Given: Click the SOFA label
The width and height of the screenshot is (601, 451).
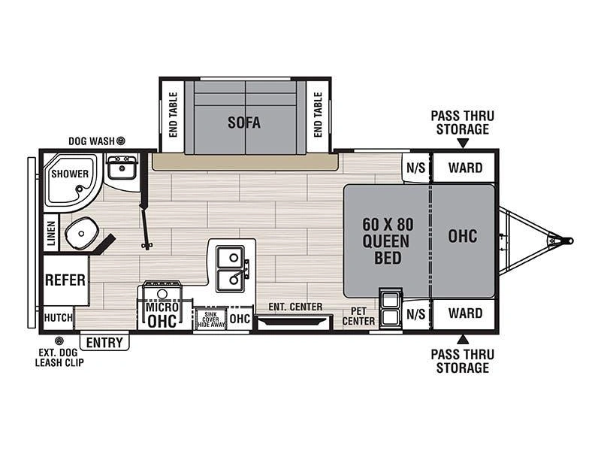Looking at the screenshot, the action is point(244,123).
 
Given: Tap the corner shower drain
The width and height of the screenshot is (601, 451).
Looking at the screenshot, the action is point(80,189).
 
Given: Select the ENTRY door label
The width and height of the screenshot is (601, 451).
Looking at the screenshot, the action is point(104,343).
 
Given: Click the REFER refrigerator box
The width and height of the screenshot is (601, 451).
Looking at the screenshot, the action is point(65,280).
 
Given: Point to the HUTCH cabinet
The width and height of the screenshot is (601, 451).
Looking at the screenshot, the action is point(58,318).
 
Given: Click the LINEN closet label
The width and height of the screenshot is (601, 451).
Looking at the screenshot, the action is point(51,233).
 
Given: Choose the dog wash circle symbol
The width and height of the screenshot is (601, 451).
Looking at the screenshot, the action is point(121,141).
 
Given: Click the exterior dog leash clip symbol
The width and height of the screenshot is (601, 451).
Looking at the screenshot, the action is point(59,341).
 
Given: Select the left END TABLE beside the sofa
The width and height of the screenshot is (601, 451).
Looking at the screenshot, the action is point(173,115).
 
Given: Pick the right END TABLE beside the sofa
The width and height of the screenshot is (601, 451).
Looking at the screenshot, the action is point(318,115).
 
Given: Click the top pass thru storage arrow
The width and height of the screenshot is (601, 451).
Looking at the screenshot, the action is point(463,144).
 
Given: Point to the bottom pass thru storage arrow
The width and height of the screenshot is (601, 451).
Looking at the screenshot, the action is point(463,339).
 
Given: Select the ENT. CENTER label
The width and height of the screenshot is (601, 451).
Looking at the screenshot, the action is point(295,307).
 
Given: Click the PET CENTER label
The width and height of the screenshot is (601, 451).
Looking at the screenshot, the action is point(358,316).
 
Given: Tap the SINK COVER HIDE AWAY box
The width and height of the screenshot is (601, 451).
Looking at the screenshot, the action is point(210,319).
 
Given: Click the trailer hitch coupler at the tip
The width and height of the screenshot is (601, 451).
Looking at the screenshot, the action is point(569,241).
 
